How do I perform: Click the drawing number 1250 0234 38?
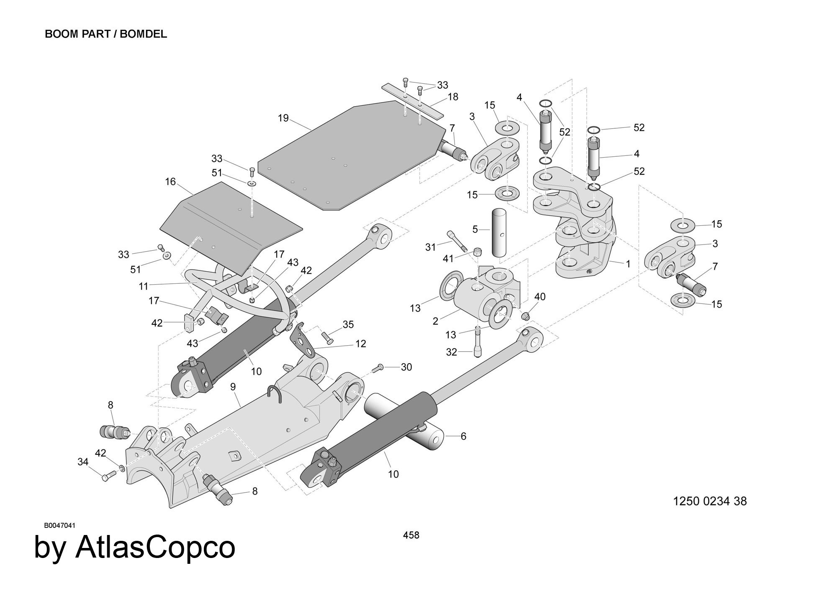tap(710, 501)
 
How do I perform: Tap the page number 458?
tap(411, 535)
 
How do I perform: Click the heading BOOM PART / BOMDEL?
tap(106, 34)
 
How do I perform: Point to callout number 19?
tap(283, 118)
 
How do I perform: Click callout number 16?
tap(170, 182)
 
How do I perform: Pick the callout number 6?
tap(463, 436)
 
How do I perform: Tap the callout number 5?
tap(475, 229)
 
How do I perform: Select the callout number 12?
tap(360, 344)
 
